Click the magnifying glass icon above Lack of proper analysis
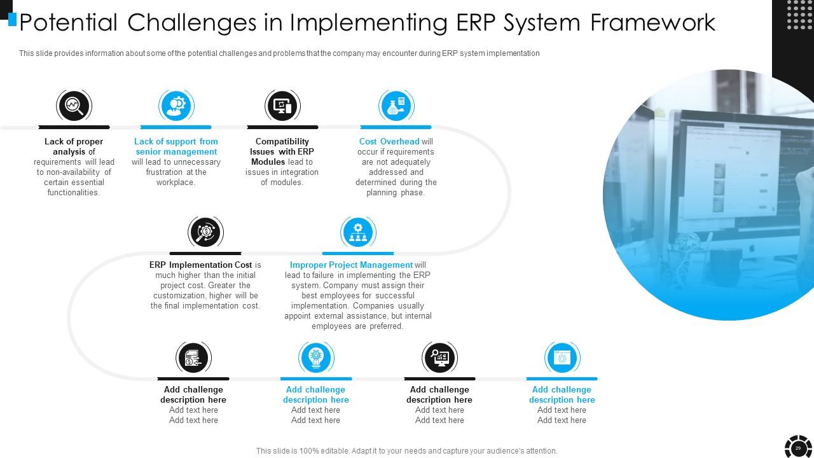74,106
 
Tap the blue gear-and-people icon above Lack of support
176,106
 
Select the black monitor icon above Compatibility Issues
282,106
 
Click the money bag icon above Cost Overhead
396,106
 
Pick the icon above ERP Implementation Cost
205,232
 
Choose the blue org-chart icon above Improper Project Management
358,232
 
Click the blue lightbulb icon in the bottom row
316,358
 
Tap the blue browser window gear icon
562,358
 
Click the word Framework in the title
652,22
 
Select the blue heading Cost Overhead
389,141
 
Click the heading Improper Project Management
351,265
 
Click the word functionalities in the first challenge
74,193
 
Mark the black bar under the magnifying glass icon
74,127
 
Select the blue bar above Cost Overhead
396,127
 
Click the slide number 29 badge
798,448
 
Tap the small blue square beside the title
12,20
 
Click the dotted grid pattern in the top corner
799,15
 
